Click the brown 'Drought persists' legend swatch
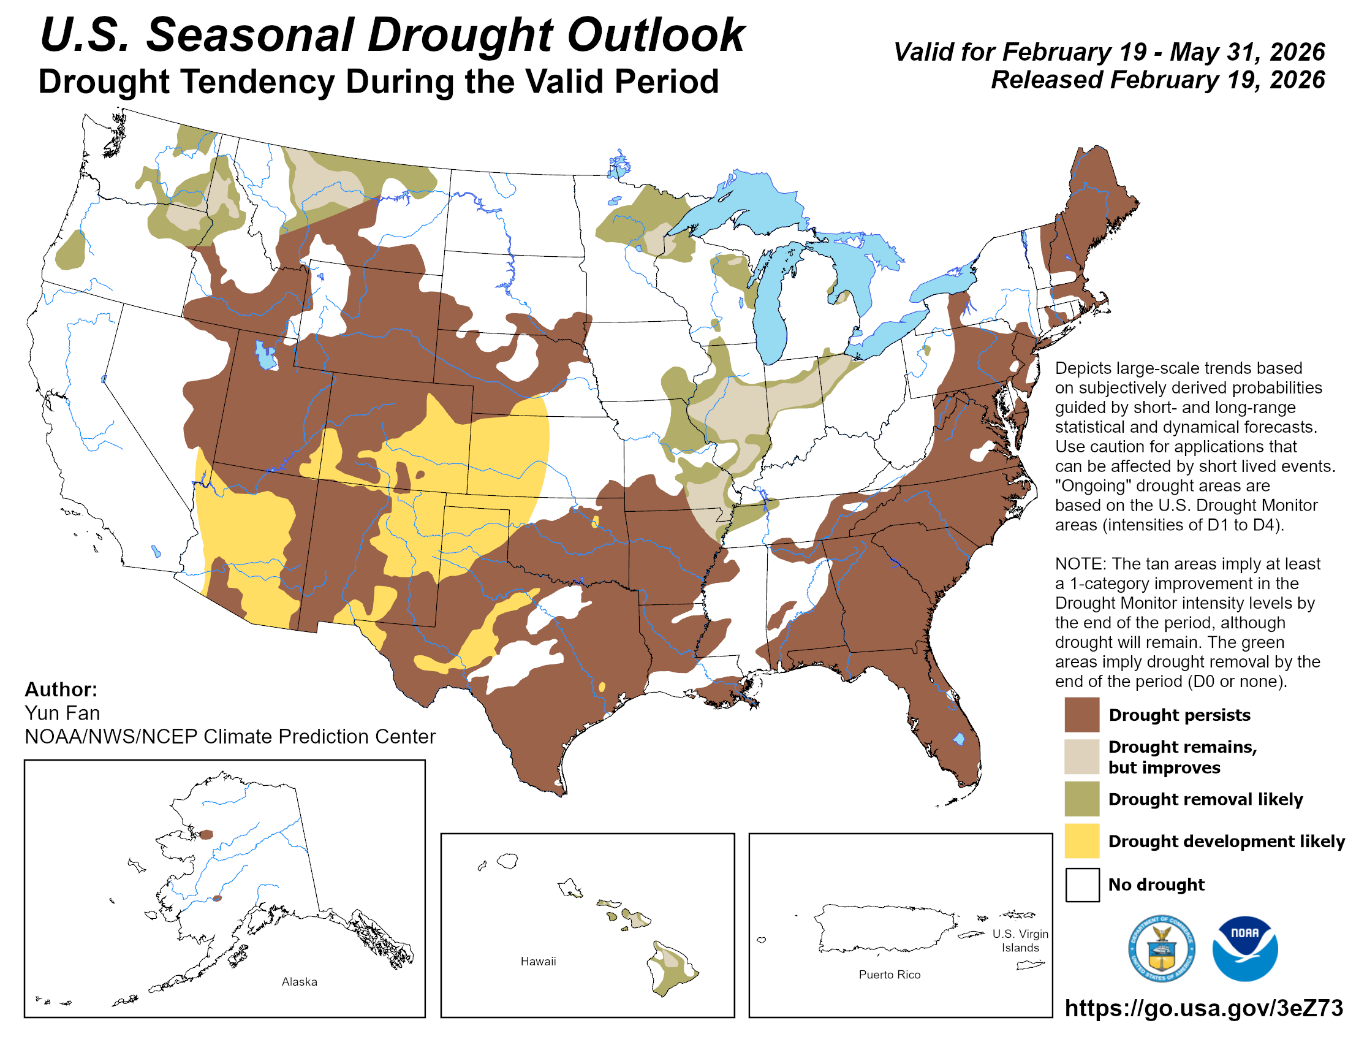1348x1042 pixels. (x=1081, y=714)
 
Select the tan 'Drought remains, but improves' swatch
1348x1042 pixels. (x=1081, y=756)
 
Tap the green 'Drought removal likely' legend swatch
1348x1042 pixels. (x=1081, y=799)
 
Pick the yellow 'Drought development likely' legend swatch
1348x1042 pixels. (x=1081, y=841)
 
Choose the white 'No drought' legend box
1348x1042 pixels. (x=1081, y=884)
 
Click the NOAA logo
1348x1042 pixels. (x=1244, y=948)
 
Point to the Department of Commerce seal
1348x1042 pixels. (x=1161, y=948)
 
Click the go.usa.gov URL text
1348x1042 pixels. (x=1203, y=1008)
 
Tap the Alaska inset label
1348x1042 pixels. (x=300, y=981)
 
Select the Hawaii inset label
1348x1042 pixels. (x=537, y=961)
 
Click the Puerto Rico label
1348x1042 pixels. (x=889, y=975)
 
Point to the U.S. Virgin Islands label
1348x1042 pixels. (x=1020, y=941)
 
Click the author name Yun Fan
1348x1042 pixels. (x=62, y=713)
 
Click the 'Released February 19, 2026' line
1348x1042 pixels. (x=1157, y=80)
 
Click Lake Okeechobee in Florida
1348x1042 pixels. (x=958, y=739)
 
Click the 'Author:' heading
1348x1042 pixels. (x=61, y=689)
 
